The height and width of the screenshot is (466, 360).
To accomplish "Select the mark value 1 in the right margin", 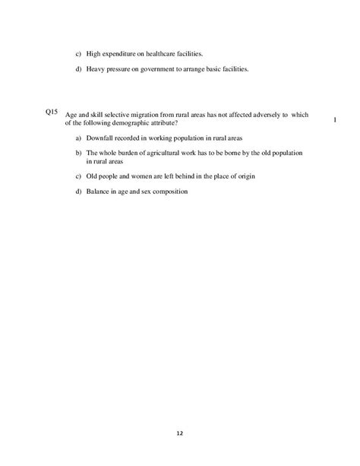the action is click(335, 120).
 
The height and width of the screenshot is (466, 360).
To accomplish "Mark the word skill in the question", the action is click(99, 116).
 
